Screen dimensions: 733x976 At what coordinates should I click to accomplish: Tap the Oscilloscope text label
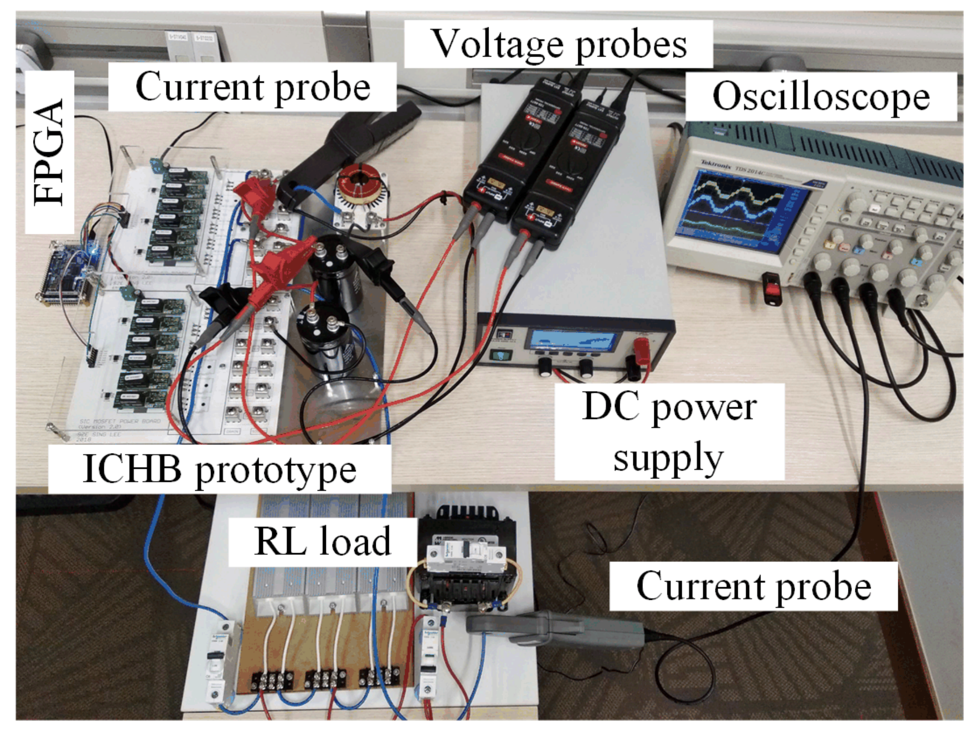[821, 97]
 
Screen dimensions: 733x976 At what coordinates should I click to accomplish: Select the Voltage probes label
[558, 44]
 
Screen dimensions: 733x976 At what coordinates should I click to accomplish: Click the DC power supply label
[669, 432]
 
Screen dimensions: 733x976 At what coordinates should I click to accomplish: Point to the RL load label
[322, 541]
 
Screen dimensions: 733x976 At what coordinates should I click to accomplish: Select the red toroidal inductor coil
[359, 181]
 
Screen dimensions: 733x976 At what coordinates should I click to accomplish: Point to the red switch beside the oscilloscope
[773, 288]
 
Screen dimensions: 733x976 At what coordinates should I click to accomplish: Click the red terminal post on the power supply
[641, 349]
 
